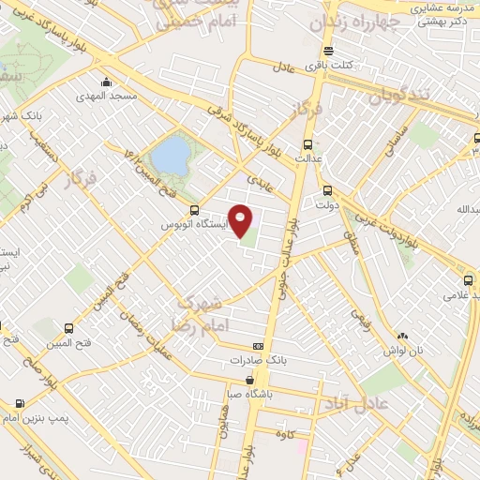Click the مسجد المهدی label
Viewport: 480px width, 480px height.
(111, 96)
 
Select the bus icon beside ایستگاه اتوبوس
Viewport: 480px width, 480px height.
(194, 210)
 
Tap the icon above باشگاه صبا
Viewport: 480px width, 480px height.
(248, 381)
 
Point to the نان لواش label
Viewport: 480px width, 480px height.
(403, 350)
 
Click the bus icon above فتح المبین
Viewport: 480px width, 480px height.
(67, 329)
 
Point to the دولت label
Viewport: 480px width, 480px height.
(326, 202)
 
